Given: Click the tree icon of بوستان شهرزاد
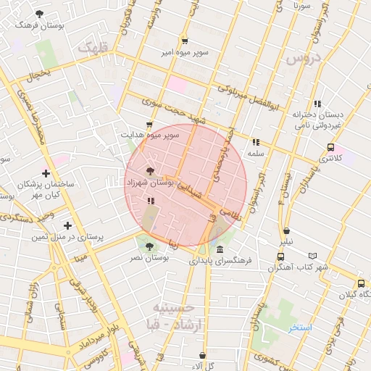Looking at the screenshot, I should [x=149, y=172].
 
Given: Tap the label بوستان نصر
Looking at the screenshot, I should [x=148, y=258].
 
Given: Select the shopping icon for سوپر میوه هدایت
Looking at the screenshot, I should [x=149, y=125].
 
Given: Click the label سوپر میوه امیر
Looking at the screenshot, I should [x=185, y=52].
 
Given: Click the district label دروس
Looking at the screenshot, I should [x=304, y=59].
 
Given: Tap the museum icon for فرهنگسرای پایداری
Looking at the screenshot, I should [x=220, y=249].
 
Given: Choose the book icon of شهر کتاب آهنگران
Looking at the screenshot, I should [x=313, y=256].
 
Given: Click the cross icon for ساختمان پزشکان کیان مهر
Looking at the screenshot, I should [x=46, y=173].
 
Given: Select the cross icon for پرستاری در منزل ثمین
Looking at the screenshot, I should [x=67, y=225].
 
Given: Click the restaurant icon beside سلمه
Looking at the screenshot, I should [x=255, y=142].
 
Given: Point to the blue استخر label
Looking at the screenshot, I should [x=300, y=328].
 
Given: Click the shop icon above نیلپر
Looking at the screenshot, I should [x=287, y=231].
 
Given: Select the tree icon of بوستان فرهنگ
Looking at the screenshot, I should [x=39, y=14].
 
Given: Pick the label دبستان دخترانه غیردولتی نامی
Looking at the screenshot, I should [x=317, y=120].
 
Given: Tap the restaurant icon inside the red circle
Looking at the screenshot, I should [x=150, y=201].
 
